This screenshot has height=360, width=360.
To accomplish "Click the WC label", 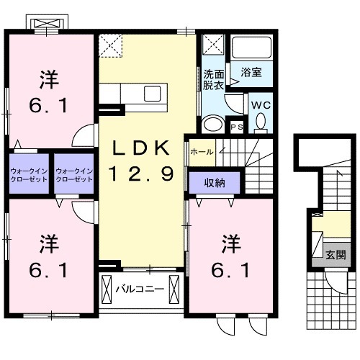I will [259, 104].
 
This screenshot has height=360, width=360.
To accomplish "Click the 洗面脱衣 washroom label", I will [213, 79].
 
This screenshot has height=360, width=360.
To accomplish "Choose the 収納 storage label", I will [214, 183].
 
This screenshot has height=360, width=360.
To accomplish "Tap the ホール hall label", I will [201, 153].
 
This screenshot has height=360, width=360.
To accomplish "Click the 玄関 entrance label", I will [335, 254].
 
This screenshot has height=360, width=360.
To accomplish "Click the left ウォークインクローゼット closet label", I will [29, 174].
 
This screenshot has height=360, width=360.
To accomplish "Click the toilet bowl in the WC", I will [261, 123].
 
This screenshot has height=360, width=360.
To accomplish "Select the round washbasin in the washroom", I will [212, 124].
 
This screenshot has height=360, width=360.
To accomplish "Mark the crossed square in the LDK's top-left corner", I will [112, 45].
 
